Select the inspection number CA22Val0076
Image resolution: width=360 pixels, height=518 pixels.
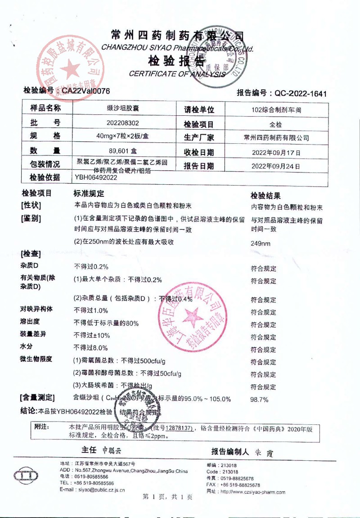coord(85,91)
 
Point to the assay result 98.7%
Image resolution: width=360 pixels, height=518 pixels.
coord(259,399)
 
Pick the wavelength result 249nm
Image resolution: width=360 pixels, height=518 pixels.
coord(261,244)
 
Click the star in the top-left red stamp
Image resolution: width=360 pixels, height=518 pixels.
coord(69,70)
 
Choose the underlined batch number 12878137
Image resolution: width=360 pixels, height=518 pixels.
coord(180,427)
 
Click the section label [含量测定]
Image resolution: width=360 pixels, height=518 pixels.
coord(37,398)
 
